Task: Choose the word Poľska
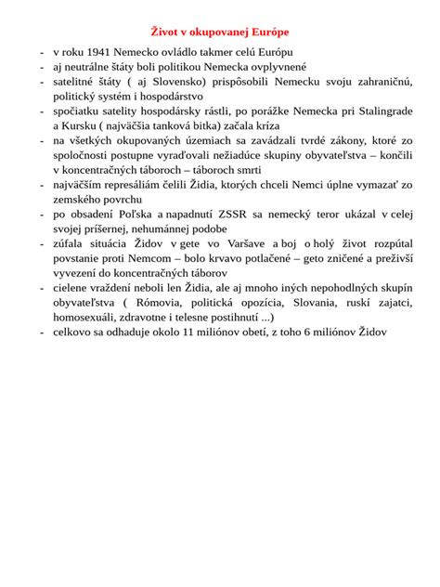click(126, 214)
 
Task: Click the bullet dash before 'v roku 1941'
click(42, 52)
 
